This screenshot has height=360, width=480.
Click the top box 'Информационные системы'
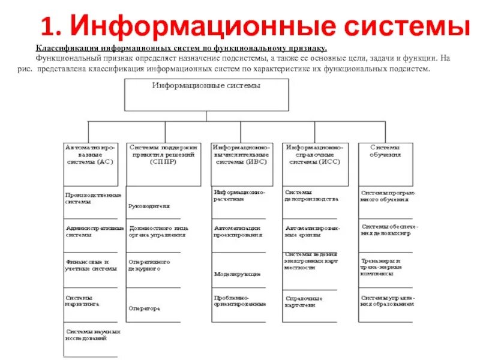point(206,95)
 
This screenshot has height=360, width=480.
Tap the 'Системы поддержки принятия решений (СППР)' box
point(163,163)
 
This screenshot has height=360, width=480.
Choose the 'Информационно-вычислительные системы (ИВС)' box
point(241,163)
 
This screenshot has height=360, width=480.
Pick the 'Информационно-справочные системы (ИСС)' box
point(315,163)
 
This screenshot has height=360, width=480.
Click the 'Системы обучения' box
point(385,163)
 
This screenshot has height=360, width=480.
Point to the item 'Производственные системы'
point(94,199)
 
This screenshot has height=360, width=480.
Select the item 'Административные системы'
point(94,232)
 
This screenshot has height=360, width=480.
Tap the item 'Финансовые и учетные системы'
point(91,265)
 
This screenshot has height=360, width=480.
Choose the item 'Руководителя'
point(149,206)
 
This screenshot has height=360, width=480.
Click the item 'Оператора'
point(145,308)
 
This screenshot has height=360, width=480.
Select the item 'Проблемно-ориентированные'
point(239,301)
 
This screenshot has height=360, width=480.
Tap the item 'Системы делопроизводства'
point(311,196)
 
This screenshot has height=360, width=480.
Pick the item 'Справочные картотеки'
point(304,301)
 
